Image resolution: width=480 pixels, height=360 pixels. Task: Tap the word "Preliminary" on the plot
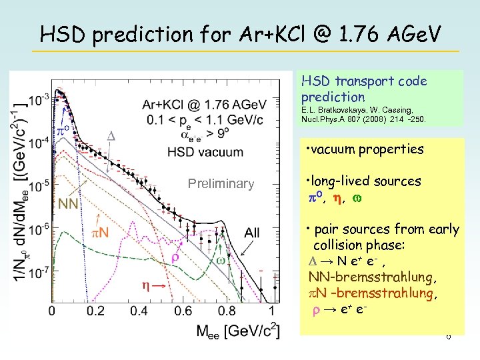pos(221,184)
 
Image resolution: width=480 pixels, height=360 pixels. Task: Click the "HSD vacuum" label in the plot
pos(205,152)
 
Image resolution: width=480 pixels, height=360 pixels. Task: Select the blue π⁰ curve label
pos(63,128)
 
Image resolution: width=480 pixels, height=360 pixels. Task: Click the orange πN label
pos(100,233)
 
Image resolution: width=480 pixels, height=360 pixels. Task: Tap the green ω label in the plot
pos(220,261)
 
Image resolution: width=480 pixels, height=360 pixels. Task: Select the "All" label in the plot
pos(252,233)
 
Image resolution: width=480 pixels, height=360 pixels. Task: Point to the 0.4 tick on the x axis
pos(140,311)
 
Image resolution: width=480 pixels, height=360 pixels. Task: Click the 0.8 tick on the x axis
pos(228,311)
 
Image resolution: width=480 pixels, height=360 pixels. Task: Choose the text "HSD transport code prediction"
pos(364,89)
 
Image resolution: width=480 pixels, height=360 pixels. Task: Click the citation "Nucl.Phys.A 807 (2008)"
pos(363,120)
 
